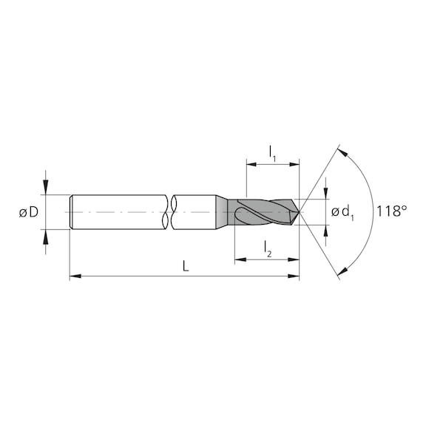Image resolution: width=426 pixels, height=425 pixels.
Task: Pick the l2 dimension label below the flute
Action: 267,252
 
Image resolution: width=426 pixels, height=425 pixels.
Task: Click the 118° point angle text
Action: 391,212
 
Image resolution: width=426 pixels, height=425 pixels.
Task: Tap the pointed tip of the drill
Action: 299,213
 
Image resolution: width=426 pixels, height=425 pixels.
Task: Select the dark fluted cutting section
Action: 263,213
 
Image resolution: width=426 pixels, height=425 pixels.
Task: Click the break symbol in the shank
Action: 169,213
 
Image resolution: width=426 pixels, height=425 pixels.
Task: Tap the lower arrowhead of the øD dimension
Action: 46,236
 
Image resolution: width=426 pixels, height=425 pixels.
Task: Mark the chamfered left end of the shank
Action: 71,213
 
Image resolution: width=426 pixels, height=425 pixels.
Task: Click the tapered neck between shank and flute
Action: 221,213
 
